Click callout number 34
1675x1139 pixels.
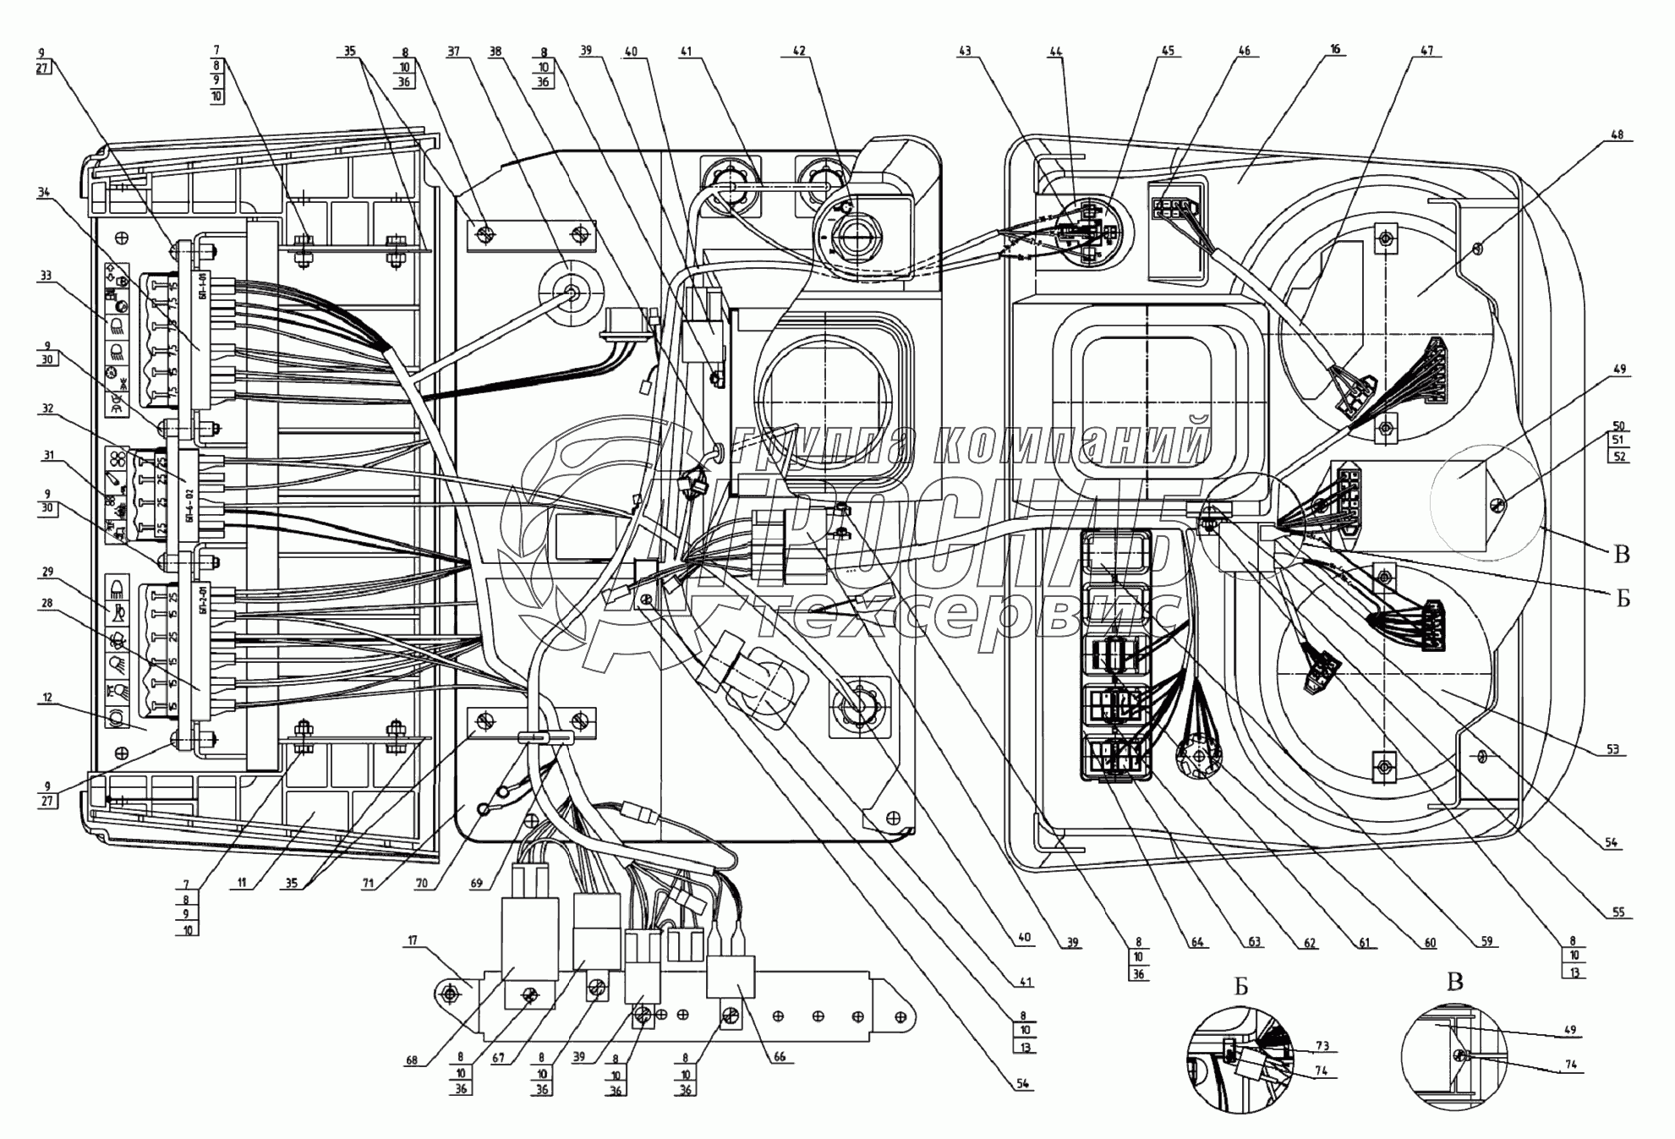click(44, 193)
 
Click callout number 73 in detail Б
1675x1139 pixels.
click(1322, 1046)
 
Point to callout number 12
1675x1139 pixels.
click(47, 698)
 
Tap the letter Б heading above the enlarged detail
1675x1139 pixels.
click(1240, 987)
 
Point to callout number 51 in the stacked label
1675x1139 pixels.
click(1619, 441)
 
